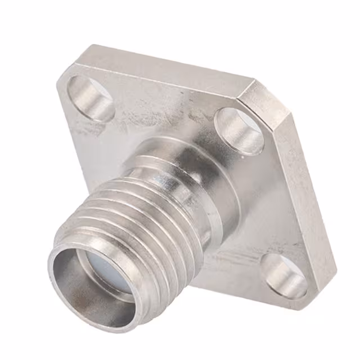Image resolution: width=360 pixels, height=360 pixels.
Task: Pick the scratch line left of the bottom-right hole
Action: [236, 259]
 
